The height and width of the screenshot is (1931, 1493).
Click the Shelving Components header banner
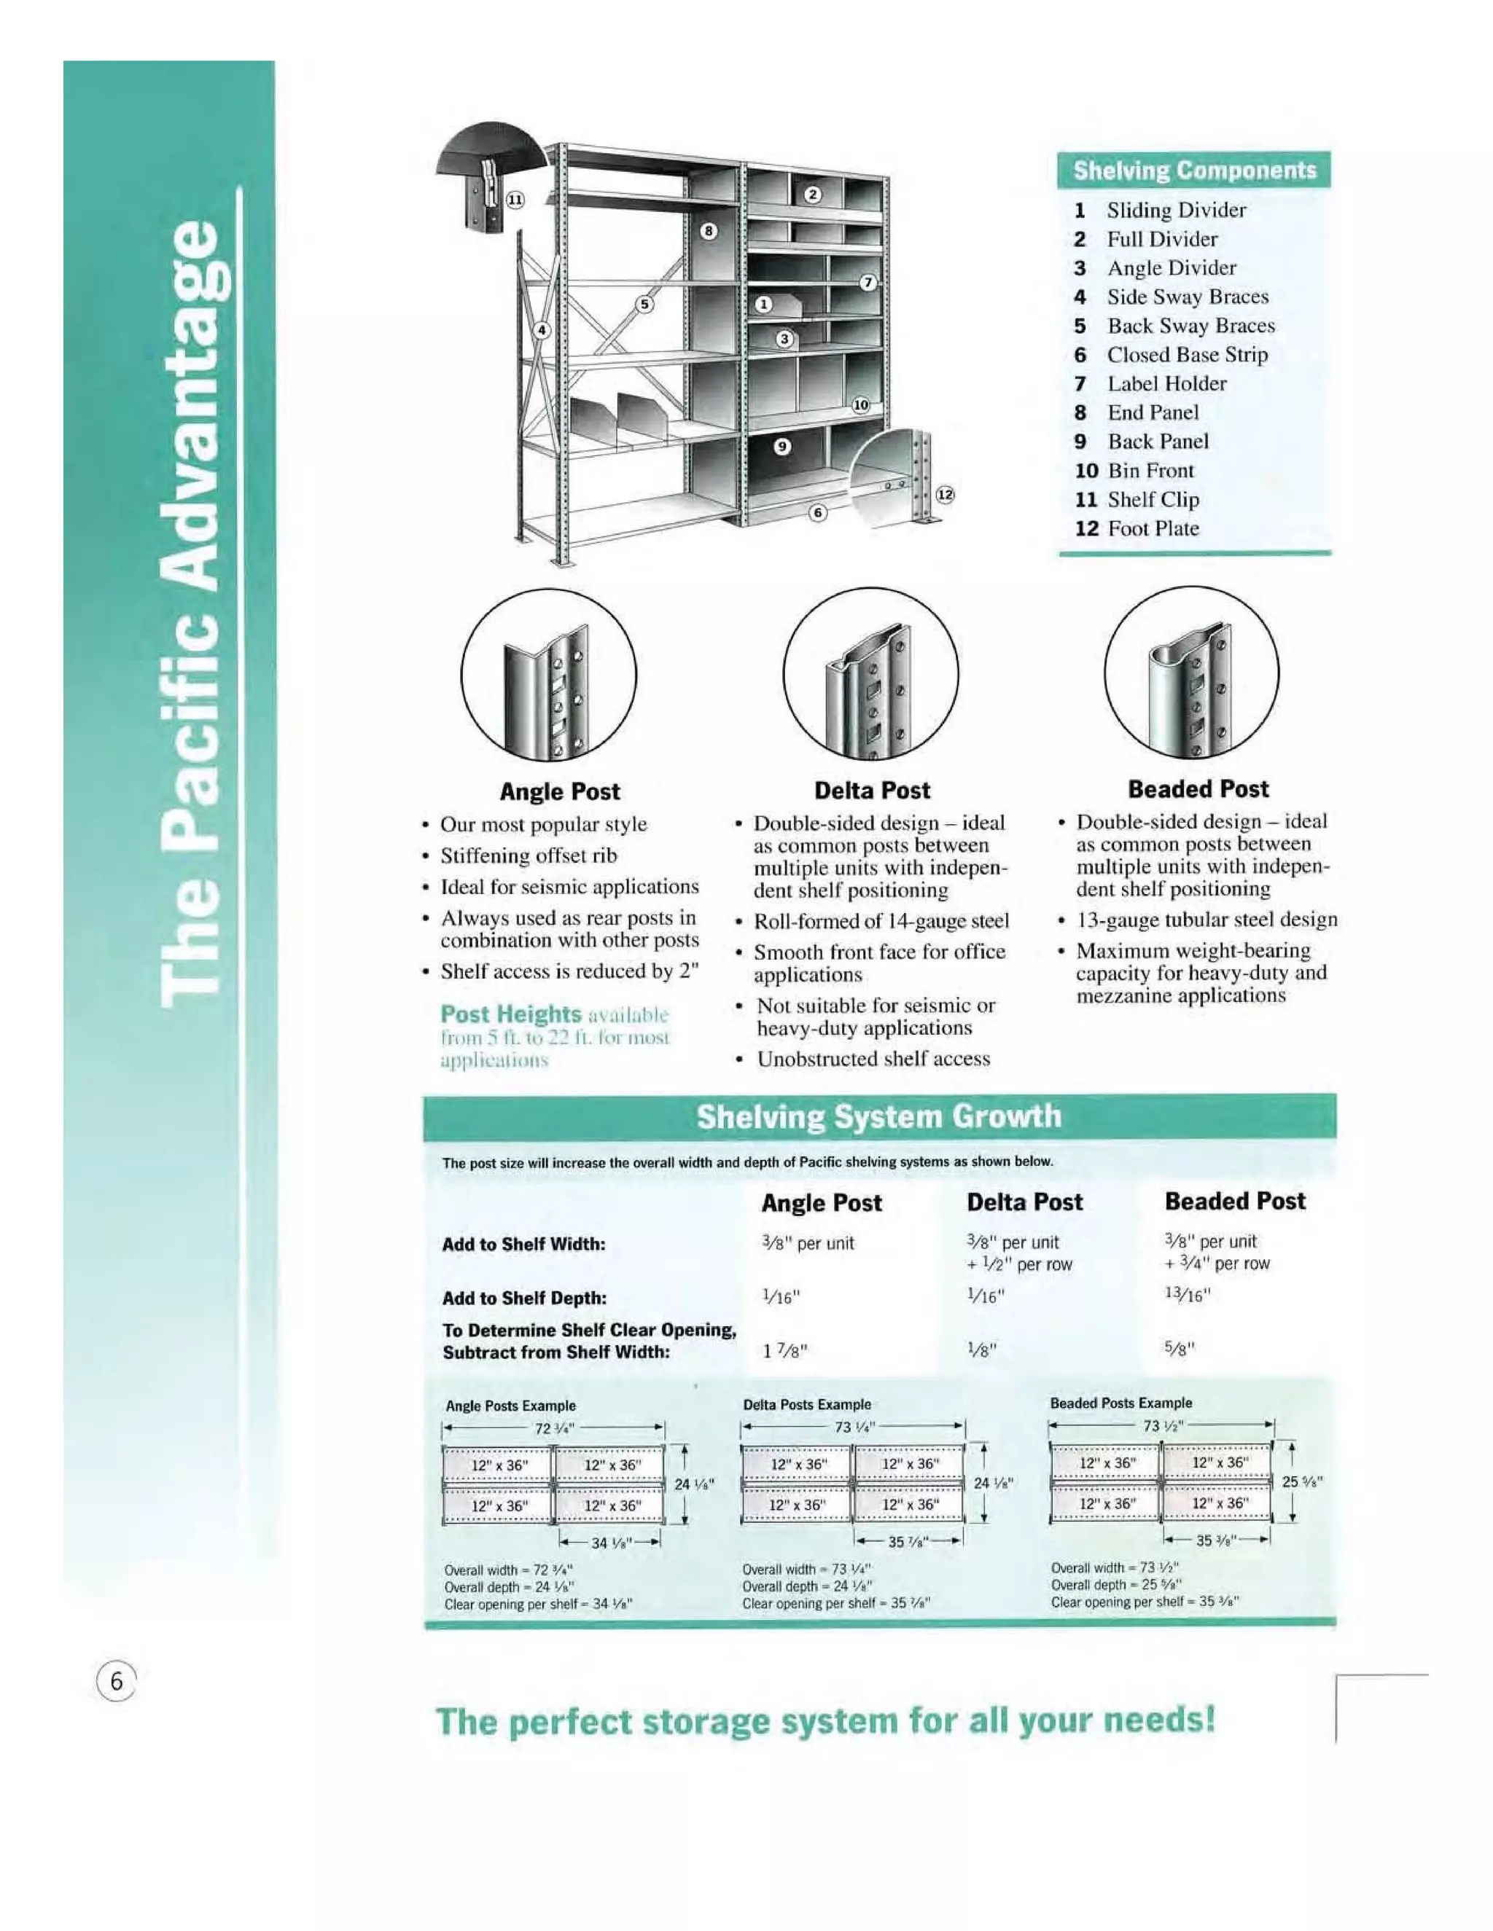coord(1193,170)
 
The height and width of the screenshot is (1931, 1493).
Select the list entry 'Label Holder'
coord(1166,384)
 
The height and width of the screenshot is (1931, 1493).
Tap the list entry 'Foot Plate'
coord(1153,529)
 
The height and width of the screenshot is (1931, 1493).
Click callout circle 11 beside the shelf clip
coord(515,200)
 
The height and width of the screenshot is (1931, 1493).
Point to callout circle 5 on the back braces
coord(644,304)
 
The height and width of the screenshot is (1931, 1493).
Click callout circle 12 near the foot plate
coord(945,494)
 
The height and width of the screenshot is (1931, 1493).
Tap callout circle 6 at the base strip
coord(818,512)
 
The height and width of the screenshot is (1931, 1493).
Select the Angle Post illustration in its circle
coord(548,675)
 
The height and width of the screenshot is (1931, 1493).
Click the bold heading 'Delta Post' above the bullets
coord(871,791)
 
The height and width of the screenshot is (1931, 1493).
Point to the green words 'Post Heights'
coord(510,1014)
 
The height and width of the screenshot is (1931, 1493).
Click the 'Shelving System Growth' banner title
coord(878,1116)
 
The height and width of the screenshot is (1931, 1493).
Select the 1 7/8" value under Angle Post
coord(784,1351)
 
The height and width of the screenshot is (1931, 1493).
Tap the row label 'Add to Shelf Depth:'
coord(523,1298)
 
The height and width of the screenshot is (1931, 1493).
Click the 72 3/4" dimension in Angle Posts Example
coord(555,1429)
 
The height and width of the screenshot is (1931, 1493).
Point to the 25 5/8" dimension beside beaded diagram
coord(1302,1482)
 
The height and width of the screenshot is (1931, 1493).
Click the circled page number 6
coord(116,1681)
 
